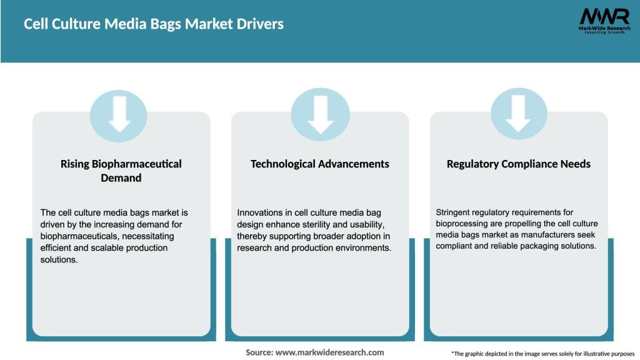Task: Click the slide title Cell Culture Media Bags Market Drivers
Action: tap(154, 24)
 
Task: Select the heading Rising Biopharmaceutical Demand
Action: tap(121, 171)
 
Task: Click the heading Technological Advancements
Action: tap(319, 164)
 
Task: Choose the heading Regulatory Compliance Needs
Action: tap(518, 164)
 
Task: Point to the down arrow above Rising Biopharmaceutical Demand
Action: tap(119, 116)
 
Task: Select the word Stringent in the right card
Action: tap(455, 212)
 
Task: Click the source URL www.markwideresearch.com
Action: tap(329, 352)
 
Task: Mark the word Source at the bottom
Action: tap(259, 352)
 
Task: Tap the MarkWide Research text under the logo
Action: tap(603, 28)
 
